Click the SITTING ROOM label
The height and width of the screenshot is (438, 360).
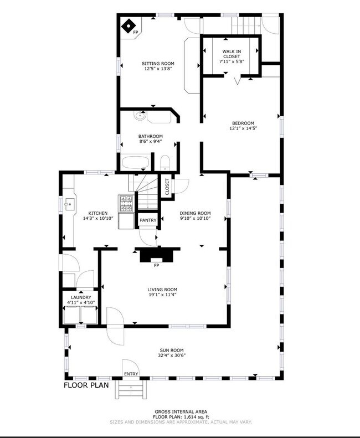point(158,64)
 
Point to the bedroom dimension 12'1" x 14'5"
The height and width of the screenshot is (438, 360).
point(243,128)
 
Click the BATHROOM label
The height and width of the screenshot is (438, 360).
point(151,136)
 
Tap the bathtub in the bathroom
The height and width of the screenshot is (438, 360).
point(135,163)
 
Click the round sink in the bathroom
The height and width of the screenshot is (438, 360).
point(140,116)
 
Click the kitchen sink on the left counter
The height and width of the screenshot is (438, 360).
point(69,204)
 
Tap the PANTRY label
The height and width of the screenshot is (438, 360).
point(148,220)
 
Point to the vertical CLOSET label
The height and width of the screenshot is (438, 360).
point(167,187)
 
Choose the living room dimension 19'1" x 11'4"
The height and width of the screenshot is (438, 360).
point(162,295)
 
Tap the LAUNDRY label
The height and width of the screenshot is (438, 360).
point(81,297)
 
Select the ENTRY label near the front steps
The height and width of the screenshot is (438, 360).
point(131,374)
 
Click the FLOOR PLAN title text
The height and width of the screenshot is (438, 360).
point(86,385)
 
